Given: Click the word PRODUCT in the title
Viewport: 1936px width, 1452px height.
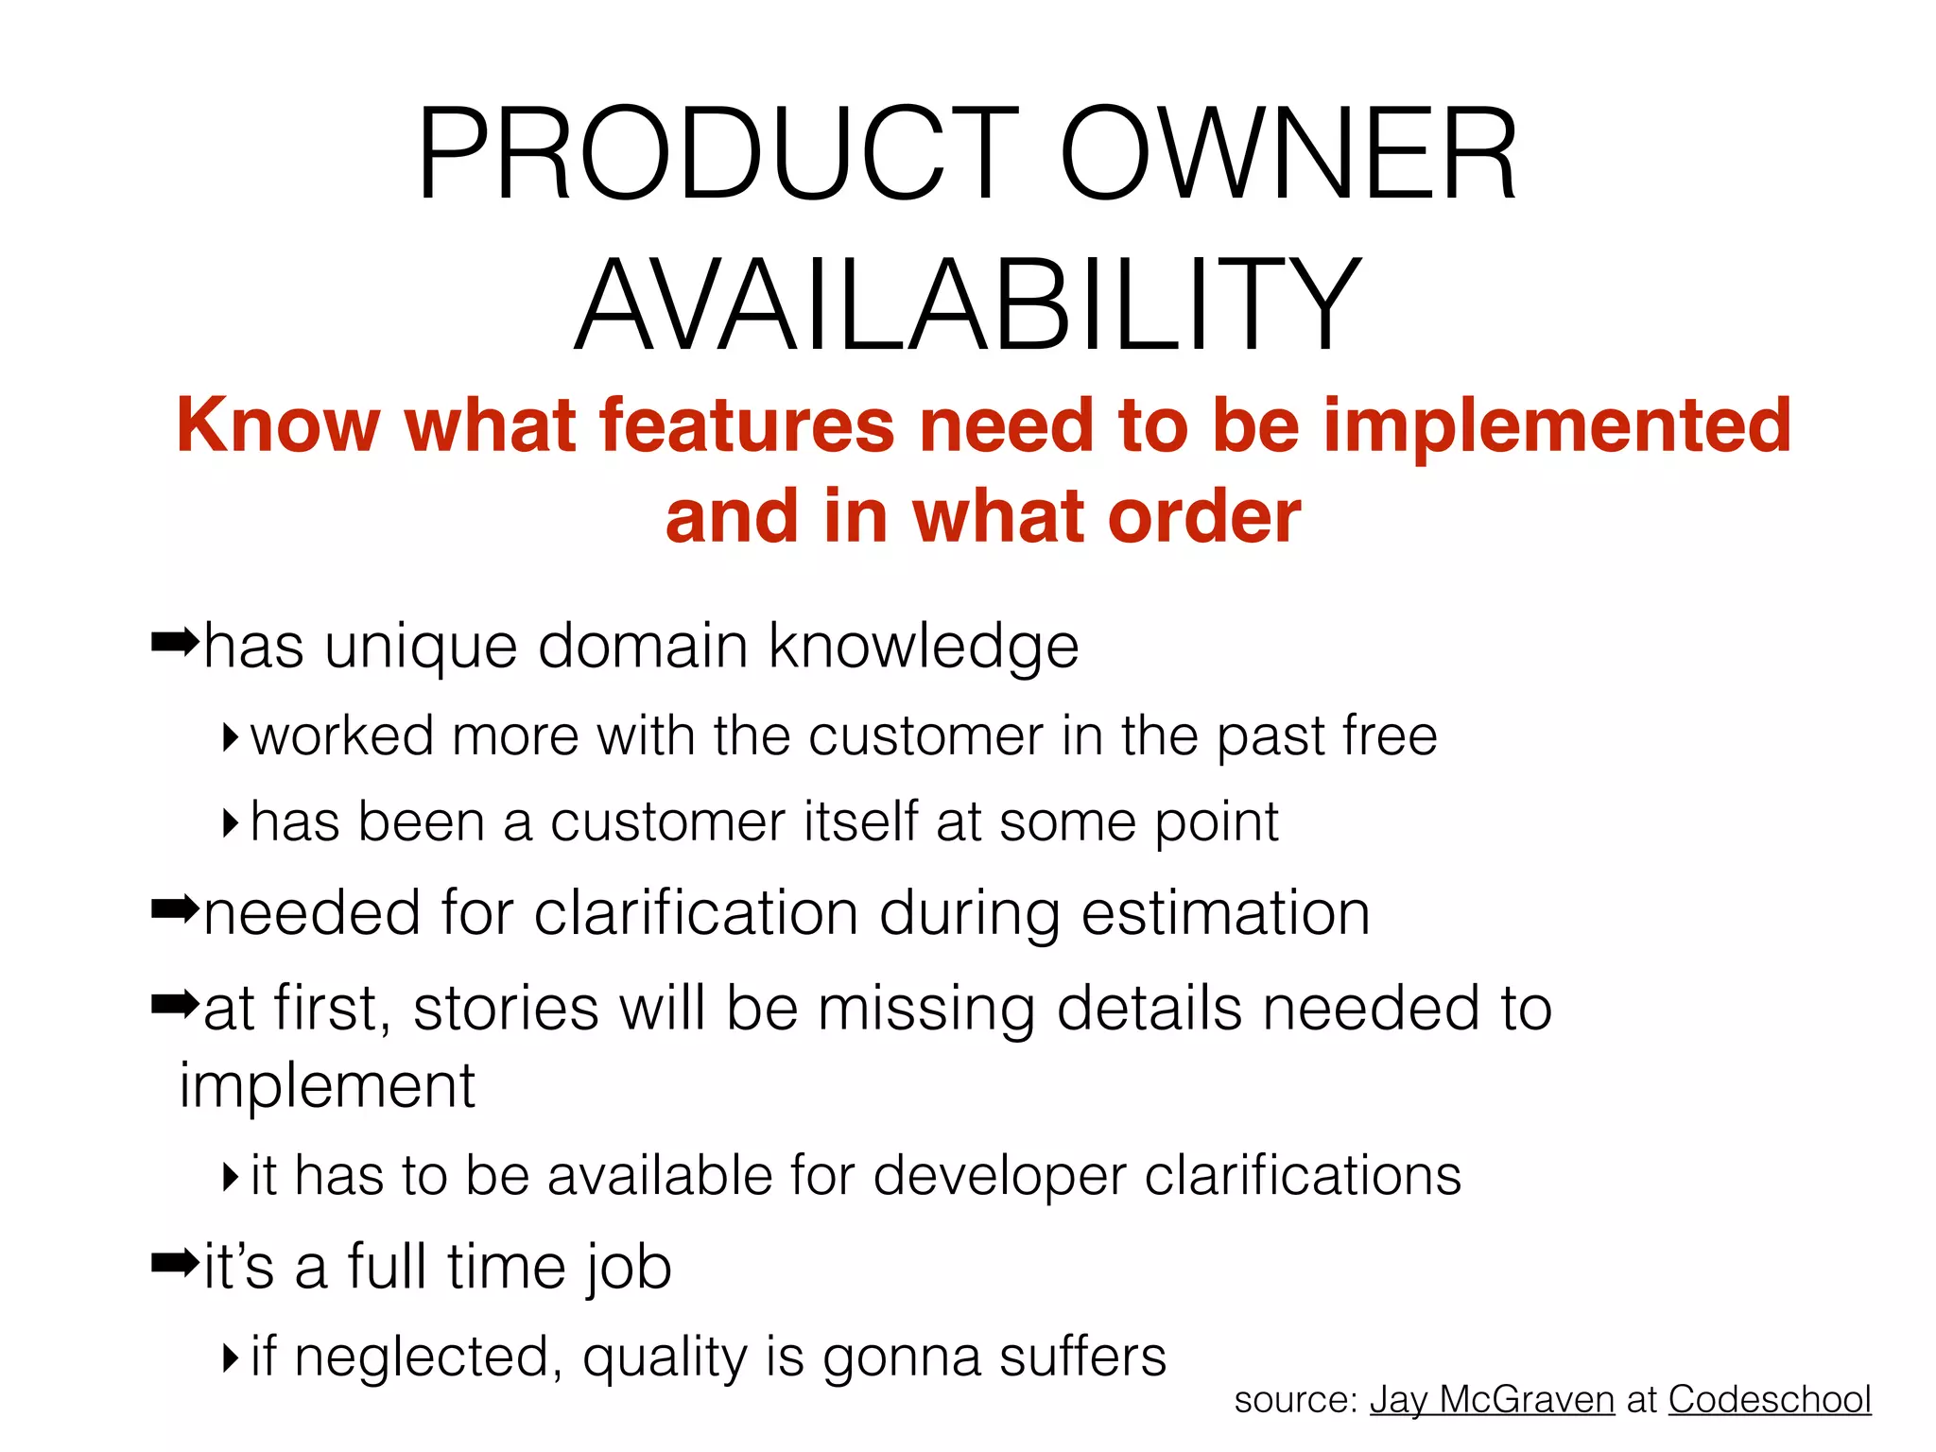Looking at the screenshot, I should point(718,156).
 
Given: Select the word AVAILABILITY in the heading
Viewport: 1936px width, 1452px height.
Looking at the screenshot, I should point(968,305).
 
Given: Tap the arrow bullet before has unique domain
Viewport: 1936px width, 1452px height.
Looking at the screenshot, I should point(176,644).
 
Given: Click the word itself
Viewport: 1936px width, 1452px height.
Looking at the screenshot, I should point(860,821).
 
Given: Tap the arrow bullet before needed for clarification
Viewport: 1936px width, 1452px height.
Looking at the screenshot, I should point(176,910).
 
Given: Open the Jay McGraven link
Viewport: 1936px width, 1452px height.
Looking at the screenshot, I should point(1492,1400).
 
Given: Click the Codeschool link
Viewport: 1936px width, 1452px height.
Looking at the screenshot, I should point(1770,1400).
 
